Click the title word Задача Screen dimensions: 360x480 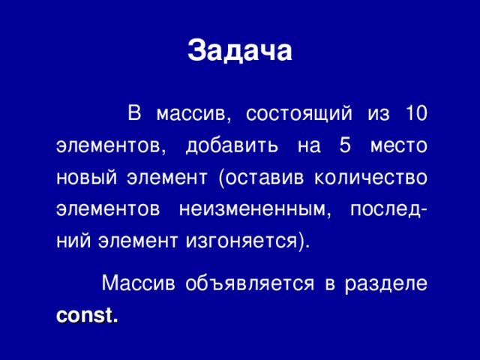239,50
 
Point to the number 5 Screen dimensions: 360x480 345,146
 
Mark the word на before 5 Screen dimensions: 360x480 307,146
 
